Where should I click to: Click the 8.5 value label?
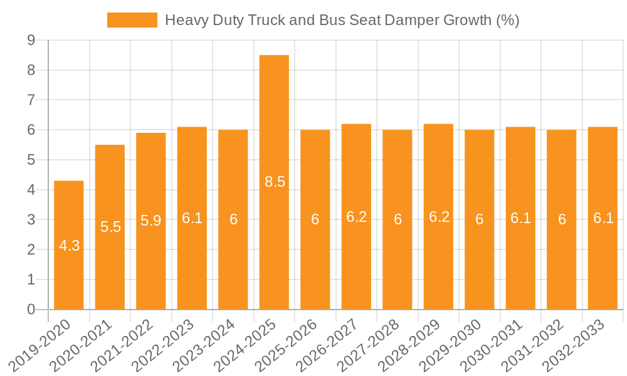(275, 182)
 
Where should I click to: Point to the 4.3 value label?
(69, 246)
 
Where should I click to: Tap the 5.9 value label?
(150, 221)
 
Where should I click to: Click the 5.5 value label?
(110, 227)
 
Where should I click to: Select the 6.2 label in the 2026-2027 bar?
(356, 217)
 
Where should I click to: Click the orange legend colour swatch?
(132, 20)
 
